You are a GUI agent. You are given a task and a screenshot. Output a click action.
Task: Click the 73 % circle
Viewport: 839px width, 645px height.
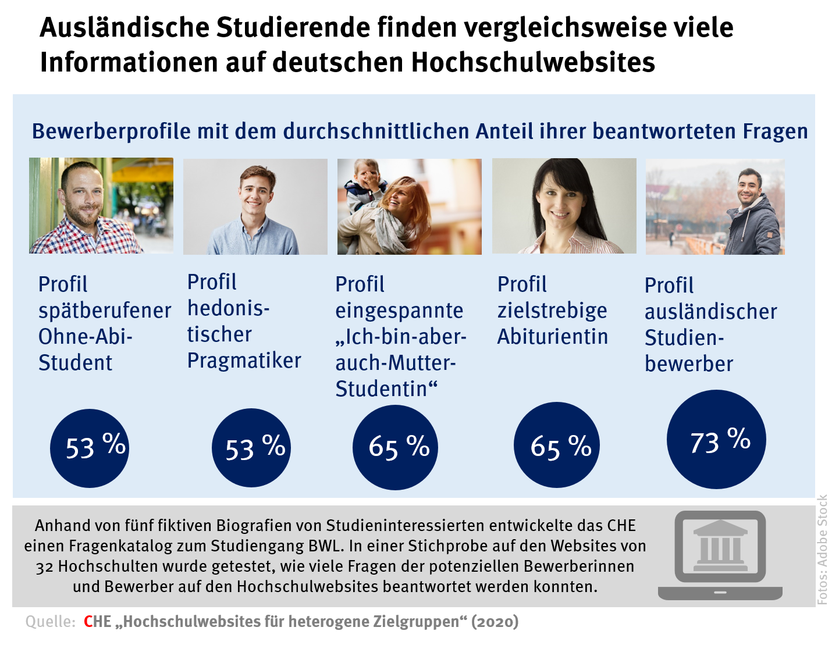click(x=716, y=439)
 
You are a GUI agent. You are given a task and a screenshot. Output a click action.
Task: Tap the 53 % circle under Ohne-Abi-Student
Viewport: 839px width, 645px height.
click(x=89, y=447)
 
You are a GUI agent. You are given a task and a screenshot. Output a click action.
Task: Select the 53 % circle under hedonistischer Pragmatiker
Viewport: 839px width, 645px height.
click(x=251, y=447)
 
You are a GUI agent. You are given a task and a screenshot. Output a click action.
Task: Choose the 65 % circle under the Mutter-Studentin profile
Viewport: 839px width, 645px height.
click(x=395, y=447)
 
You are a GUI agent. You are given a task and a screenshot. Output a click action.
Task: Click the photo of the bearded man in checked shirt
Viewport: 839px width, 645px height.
click(x=101, y=205)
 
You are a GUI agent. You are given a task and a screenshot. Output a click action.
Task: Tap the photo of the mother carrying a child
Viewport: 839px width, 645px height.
click(x=409, y=206)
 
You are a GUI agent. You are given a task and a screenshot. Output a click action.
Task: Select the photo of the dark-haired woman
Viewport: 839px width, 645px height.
click(x=564, y=206)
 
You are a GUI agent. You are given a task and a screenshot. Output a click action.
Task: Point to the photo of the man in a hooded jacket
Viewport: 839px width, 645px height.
click(x=715, y=206)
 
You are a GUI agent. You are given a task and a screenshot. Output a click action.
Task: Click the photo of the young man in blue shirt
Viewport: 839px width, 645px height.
click(x=255, y=206)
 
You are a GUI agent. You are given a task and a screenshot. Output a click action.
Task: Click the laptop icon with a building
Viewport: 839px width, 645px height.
click(x=720, y=555)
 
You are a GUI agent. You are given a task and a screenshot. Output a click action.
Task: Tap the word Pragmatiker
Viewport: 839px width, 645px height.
click(x=244, y=361)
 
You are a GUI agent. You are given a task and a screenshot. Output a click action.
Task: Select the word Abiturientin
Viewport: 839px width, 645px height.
click(x=552, y=337)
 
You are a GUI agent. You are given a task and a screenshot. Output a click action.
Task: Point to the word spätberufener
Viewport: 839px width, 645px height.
click(x=105, y=311)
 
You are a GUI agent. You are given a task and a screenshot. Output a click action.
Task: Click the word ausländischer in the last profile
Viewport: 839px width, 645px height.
click(x=710, y=312)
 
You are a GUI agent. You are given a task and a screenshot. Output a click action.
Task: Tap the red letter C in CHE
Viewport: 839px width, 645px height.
click(x=88, y=622)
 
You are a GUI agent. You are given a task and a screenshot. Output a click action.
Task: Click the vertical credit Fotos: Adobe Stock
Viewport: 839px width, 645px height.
click(x=822, y=550)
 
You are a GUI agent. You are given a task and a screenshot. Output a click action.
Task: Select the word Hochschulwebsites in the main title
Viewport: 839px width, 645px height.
click(x=533, y=62)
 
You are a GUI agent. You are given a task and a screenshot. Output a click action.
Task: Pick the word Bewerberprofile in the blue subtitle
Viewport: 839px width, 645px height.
click(x=111, y=131)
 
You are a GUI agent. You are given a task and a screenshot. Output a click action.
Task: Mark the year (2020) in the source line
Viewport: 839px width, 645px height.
click(x=495, y=622)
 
